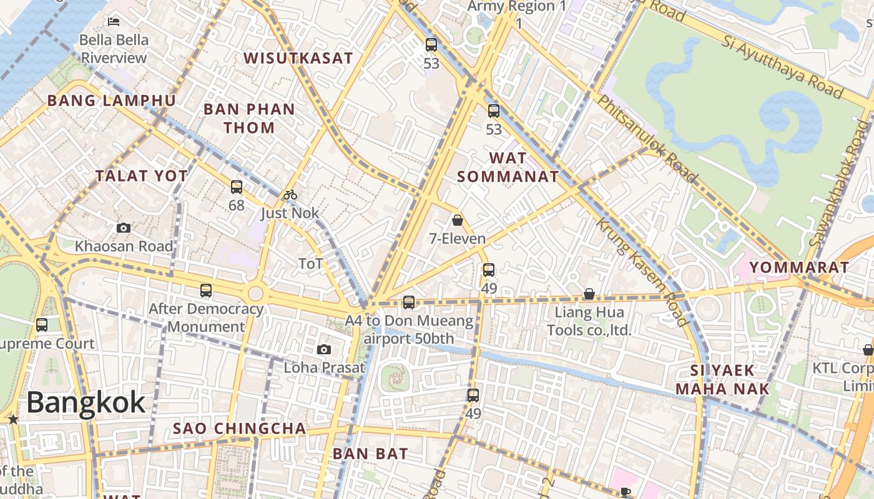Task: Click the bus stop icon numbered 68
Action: pos(236,187)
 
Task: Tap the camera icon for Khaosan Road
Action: pos(124,228)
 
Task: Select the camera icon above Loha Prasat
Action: pos(323,349)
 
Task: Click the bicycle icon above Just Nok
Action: pos(290,195)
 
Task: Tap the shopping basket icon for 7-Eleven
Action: pos(458,220)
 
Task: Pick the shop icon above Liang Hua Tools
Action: pos(589,294)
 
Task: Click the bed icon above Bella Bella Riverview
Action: pos(114,22)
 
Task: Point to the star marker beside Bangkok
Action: pos(13,420)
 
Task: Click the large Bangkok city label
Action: pos(86,403)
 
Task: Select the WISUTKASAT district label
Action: pos(298,58)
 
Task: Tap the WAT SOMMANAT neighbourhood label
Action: pos(508,167)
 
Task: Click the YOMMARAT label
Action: pos(799,268)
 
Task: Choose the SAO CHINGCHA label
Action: pos(240,429)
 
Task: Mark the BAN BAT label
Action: pos(370,453)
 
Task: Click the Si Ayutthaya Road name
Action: pos(783,67)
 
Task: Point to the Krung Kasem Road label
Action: pos(641,273)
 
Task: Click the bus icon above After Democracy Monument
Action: pos(206,290)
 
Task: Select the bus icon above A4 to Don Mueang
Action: pos(409,303)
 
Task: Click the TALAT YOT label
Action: pos(142,176)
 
